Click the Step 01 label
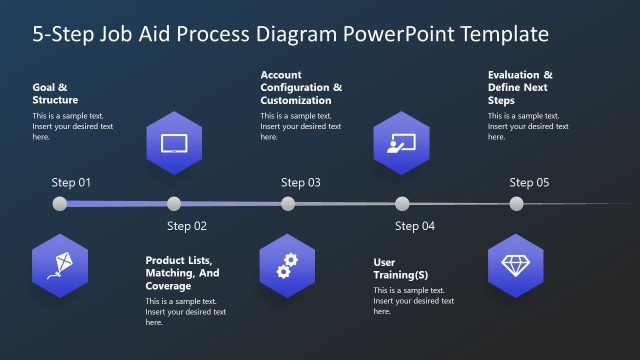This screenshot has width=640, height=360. click(71, 183)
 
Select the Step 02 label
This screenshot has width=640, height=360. click(186, 226)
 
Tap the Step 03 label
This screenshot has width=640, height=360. click(300, 183)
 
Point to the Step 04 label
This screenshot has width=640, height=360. click(415, 226)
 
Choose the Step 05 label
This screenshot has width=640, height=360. click(529, 183)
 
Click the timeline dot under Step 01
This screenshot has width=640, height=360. click(60, 204)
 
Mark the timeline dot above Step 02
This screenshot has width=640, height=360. click(174, 204)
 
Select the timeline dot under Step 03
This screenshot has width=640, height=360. click(288, 204)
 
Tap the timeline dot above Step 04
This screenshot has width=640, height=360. click(402, 204)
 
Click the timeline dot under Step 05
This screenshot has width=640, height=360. click(516, 204)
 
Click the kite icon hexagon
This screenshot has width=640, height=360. click(60, 265)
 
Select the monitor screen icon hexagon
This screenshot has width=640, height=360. click(174, 142)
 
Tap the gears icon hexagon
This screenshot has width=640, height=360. click(288, 265)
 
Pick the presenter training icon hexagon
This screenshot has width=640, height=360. click(402, 142)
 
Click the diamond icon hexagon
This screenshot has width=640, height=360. click(516, 265)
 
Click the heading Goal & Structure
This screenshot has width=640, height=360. click(55, 93)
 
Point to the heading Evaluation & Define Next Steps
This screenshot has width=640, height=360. click(520, 88)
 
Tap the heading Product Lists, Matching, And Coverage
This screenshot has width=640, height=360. click(182, 273)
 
